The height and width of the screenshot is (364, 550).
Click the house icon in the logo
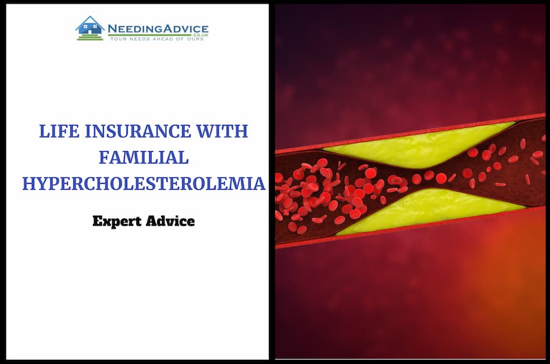[90, 28]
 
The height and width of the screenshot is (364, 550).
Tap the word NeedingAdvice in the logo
[158, 29]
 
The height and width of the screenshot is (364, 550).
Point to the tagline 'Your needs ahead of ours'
[157, 39]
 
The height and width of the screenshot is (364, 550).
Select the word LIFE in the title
[59, 132]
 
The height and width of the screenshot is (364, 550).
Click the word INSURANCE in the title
[138, 132]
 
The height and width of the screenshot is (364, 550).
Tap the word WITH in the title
[222, 132]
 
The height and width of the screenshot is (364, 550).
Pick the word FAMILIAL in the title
[144, 157]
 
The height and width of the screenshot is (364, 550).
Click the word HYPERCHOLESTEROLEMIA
[144, 184]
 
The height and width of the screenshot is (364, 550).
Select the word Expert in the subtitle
[117, 221]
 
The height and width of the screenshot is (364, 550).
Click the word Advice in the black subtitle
[170, 221]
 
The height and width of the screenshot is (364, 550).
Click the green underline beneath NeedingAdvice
[150, 35]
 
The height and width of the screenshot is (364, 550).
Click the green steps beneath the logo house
[90, 37]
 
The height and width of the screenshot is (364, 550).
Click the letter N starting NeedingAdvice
[112, 29]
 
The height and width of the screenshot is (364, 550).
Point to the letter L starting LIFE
[44, 132]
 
